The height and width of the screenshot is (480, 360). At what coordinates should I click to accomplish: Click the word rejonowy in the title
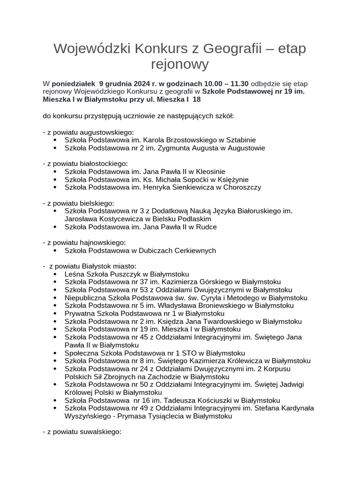point(180,64)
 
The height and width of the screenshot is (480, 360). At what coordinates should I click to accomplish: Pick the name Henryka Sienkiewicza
point(179,187)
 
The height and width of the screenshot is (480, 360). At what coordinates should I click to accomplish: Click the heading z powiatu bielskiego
point(78,203)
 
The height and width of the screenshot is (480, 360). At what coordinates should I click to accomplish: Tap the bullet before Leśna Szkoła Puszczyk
point(55,274)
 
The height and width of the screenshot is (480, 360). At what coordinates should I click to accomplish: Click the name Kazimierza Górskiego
point(197,282)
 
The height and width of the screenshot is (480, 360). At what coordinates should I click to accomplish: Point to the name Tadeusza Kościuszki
point(195,400)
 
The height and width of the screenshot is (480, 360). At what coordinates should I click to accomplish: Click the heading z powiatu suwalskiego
point(82,432)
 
